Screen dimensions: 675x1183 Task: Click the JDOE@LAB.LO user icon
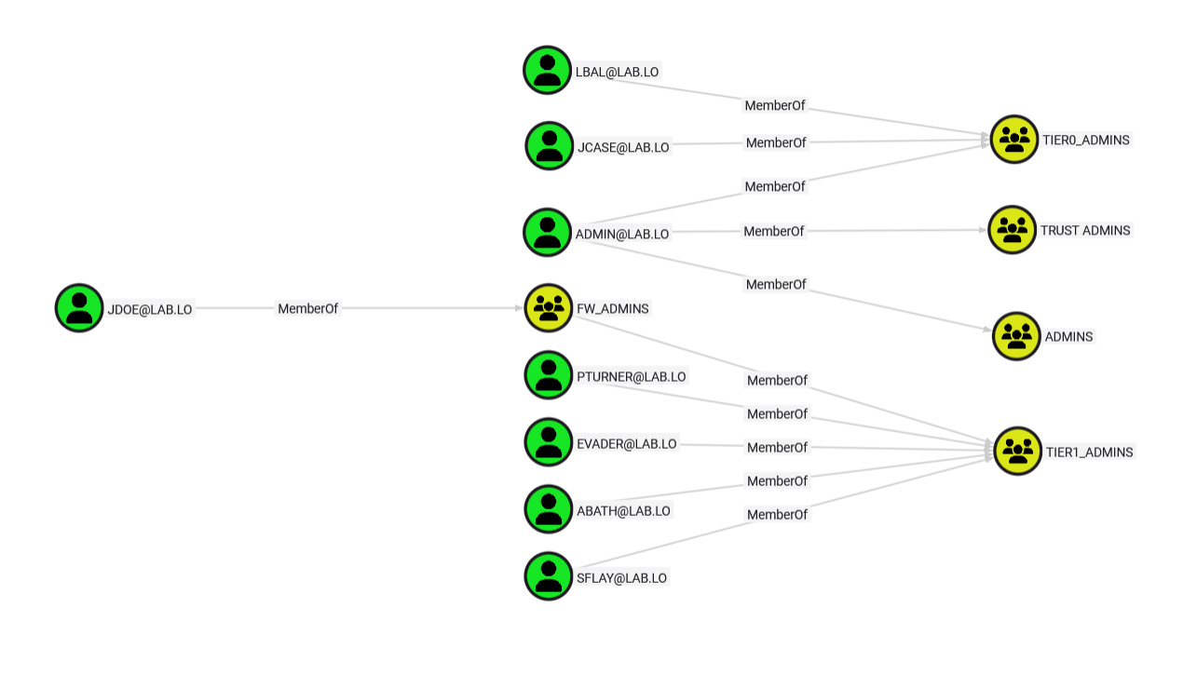(79, 308)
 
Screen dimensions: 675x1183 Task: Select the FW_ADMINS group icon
(549, 308)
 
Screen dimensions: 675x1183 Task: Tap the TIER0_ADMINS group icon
(1014, 140)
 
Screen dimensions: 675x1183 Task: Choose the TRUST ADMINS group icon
(1013, 230)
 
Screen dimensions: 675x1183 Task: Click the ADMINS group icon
(1016, 336)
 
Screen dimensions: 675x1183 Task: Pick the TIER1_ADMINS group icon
(1018, 452)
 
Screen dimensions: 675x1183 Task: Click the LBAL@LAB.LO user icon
(547, 71)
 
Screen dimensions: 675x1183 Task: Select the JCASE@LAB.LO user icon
(550, 146)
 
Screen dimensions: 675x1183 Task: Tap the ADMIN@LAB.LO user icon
(547, 233)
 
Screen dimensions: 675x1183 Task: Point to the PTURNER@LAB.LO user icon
(549, 375)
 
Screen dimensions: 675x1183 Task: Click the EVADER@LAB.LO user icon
(549, 442)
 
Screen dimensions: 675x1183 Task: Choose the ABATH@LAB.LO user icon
(549, 509)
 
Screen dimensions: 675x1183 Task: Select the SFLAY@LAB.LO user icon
(549, 576)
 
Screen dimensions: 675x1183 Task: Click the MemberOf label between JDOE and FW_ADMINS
(308, 308)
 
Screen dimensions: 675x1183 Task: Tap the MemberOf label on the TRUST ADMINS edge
(773, 231)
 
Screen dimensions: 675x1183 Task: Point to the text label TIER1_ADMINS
(1089, 452)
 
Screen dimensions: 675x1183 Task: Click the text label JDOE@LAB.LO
(150, 309)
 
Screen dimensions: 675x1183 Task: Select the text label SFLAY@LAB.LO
(621, 577)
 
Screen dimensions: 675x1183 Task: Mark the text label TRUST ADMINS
(1085, 230)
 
